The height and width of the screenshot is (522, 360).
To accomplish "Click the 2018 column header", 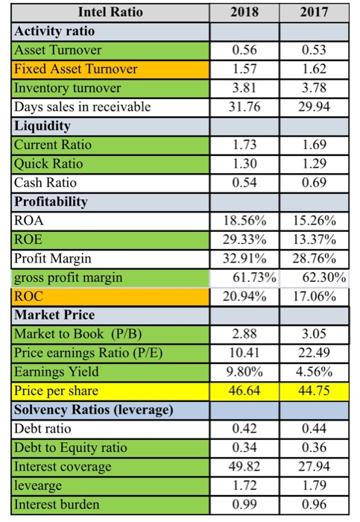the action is tap(244, 13).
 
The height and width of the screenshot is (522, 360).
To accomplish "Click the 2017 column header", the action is tap(314, 13).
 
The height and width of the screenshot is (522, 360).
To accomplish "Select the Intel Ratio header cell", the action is tap(110, 13).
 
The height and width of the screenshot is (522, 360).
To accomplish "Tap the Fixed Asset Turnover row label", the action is tap(75, 69).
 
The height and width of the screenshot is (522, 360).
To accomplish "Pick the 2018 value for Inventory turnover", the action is tap(244, 88).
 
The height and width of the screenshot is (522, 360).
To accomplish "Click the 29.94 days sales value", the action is tap(314, 107).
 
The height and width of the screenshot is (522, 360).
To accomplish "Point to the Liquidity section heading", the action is tap(42, 126).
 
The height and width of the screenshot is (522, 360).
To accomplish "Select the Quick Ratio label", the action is tap(48, 164).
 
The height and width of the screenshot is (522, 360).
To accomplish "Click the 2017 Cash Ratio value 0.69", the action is tap(314, 183).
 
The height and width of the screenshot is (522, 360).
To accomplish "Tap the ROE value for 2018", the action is tap(244, 239).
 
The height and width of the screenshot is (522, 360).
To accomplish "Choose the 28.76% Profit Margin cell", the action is tap(314, 259).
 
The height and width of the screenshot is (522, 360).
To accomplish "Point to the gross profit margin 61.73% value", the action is tap(254, 277).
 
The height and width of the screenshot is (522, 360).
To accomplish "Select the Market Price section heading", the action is tap(54, 315).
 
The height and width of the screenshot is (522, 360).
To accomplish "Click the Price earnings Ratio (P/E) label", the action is tap(89, 353).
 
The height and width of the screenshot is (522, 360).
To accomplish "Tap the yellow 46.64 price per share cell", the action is tap(244, 391).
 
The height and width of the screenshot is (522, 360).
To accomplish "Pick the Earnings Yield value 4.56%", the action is tap(314, 372).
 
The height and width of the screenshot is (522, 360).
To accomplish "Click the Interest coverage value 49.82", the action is tap(244, 466).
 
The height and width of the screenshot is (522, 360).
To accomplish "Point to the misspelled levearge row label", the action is tap(38, 485).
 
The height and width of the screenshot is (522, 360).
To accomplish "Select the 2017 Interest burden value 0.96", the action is tap(314, 504).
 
